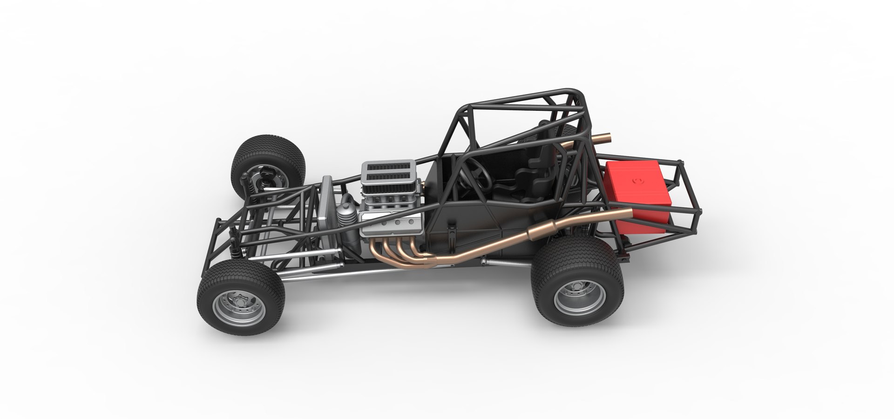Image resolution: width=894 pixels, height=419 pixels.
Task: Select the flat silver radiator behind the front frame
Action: point(325,205)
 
